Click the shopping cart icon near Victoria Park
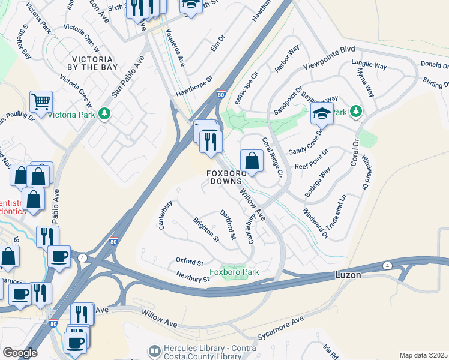click(41, 101)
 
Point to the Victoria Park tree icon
click(104, 113)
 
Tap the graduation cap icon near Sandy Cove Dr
click(322, 112)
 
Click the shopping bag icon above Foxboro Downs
click(252, 160)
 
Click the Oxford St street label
click(190, 262)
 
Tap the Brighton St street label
click(206, 229)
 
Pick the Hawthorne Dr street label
click(194, 86)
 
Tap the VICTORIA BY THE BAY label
click(92, 64)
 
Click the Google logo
click(20, 352)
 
